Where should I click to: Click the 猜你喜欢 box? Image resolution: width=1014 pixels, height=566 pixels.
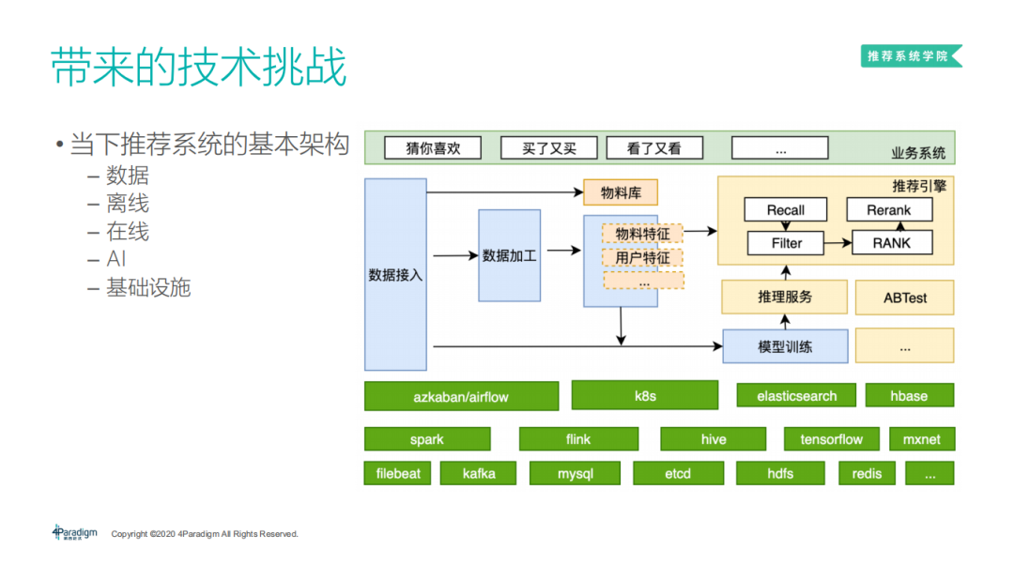point(432,148)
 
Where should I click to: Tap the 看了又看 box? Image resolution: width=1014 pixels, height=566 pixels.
point(654,148)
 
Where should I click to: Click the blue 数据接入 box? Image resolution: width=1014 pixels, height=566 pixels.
point(395,275)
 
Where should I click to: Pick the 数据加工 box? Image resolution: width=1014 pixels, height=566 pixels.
point(509,255)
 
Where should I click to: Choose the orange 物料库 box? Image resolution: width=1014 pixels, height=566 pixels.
point(621,193)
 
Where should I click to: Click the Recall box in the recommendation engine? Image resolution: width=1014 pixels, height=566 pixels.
point(786,210)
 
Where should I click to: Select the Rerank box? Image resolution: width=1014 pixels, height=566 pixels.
point(889,210)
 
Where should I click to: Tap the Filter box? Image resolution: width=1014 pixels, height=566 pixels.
point(786,243)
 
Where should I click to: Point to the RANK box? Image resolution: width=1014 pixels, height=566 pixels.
point(891,243)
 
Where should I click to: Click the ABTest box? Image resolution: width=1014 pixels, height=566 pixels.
point(904,298)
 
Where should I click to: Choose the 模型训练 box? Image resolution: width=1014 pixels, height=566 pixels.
point(785,346)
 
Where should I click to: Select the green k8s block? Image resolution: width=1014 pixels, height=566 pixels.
point(645,396)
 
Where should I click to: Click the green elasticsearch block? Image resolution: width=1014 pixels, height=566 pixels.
point(796,396)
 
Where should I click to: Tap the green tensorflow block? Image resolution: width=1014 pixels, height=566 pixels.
point(831,439)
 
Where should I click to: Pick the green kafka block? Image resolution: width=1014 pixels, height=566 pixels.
point(479,473)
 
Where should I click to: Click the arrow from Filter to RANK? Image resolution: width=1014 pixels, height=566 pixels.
point(837,243)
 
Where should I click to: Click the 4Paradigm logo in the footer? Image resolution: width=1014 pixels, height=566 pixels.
point(75,532)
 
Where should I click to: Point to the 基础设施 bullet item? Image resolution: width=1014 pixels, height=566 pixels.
point(148,288)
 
